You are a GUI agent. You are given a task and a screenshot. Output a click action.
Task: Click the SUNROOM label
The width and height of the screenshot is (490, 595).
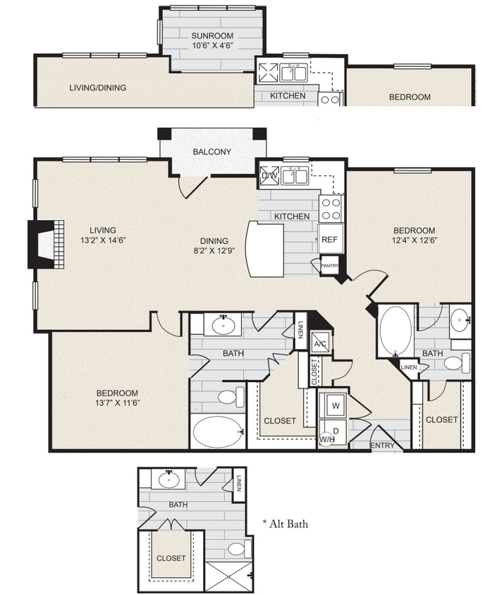pos(212,35)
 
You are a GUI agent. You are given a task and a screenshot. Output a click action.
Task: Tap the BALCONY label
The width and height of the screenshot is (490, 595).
pos(212,152)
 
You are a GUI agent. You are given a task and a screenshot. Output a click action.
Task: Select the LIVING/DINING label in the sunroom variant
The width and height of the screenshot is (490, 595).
pos(97,88)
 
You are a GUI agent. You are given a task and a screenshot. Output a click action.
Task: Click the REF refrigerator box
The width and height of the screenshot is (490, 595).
pos(329,240)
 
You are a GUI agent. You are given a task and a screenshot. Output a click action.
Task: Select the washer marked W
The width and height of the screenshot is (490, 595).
pos(335,406)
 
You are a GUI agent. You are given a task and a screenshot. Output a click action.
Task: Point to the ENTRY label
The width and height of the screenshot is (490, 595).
pos(381,446)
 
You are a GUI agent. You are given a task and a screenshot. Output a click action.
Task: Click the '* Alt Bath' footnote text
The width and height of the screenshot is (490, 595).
pos(285,524)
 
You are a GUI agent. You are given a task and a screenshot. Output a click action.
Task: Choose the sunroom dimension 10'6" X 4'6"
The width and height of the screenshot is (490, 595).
pos(212,45)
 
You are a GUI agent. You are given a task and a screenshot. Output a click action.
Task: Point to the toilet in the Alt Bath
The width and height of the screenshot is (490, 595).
pos(236,548)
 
